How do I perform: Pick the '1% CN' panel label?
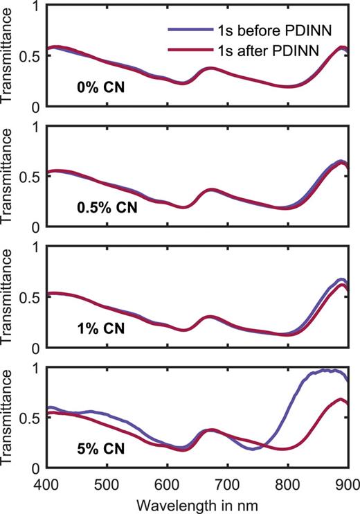(x=100, y=328)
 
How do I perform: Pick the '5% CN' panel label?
(x=100, y=449)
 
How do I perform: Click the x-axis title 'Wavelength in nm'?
(x=197, y=502)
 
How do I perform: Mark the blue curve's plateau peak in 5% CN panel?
(x=325, y=371)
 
